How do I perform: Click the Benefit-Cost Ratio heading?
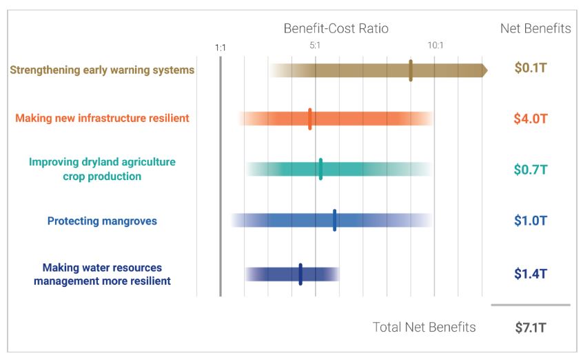336,28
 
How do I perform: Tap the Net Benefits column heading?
535,28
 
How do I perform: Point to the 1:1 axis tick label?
221,48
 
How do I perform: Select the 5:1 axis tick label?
314,46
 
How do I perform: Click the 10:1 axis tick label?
436,46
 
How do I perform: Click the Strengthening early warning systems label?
102,70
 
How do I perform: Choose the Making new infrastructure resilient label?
102,118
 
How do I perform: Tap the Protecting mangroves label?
102,221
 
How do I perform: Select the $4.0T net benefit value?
531,118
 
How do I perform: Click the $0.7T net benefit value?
531,170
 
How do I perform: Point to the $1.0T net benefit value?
531,221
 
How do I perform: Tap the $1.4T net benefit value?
531,273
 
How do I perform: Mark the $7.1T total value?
531,328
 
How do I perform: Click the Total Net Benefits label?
424,328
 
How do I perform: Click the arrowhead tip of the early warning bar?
486,70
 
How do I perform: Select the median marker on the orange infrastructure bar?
310,119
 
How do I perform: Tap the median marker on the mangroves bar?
335,221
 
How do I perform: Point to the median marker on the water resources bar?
300,274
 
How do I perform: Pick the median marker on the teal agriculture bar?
320,169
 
